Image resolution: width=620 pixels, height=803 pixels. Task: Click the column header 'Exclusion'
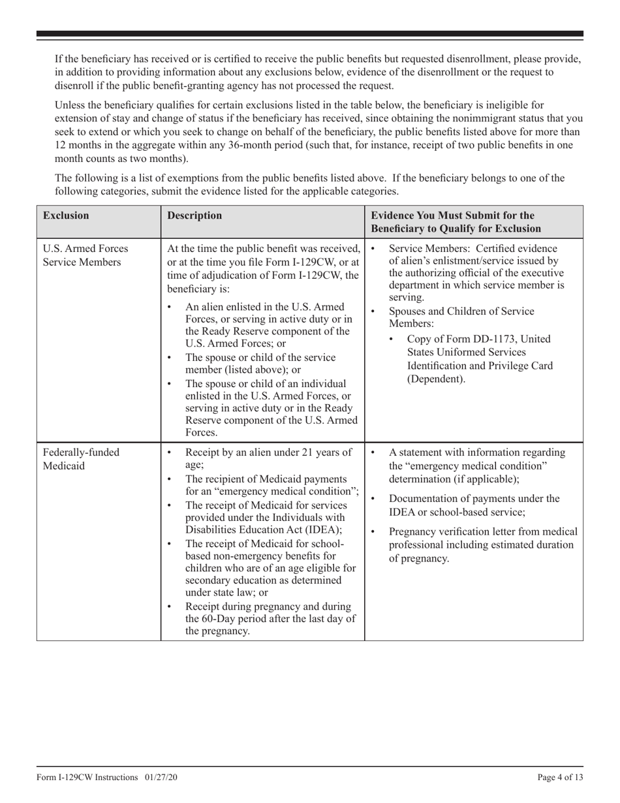pyautogui.click(x=66, y=215)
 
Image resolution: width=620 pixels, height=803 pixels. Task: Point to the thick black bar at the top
pyautogui.click(x=310, y=34)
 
